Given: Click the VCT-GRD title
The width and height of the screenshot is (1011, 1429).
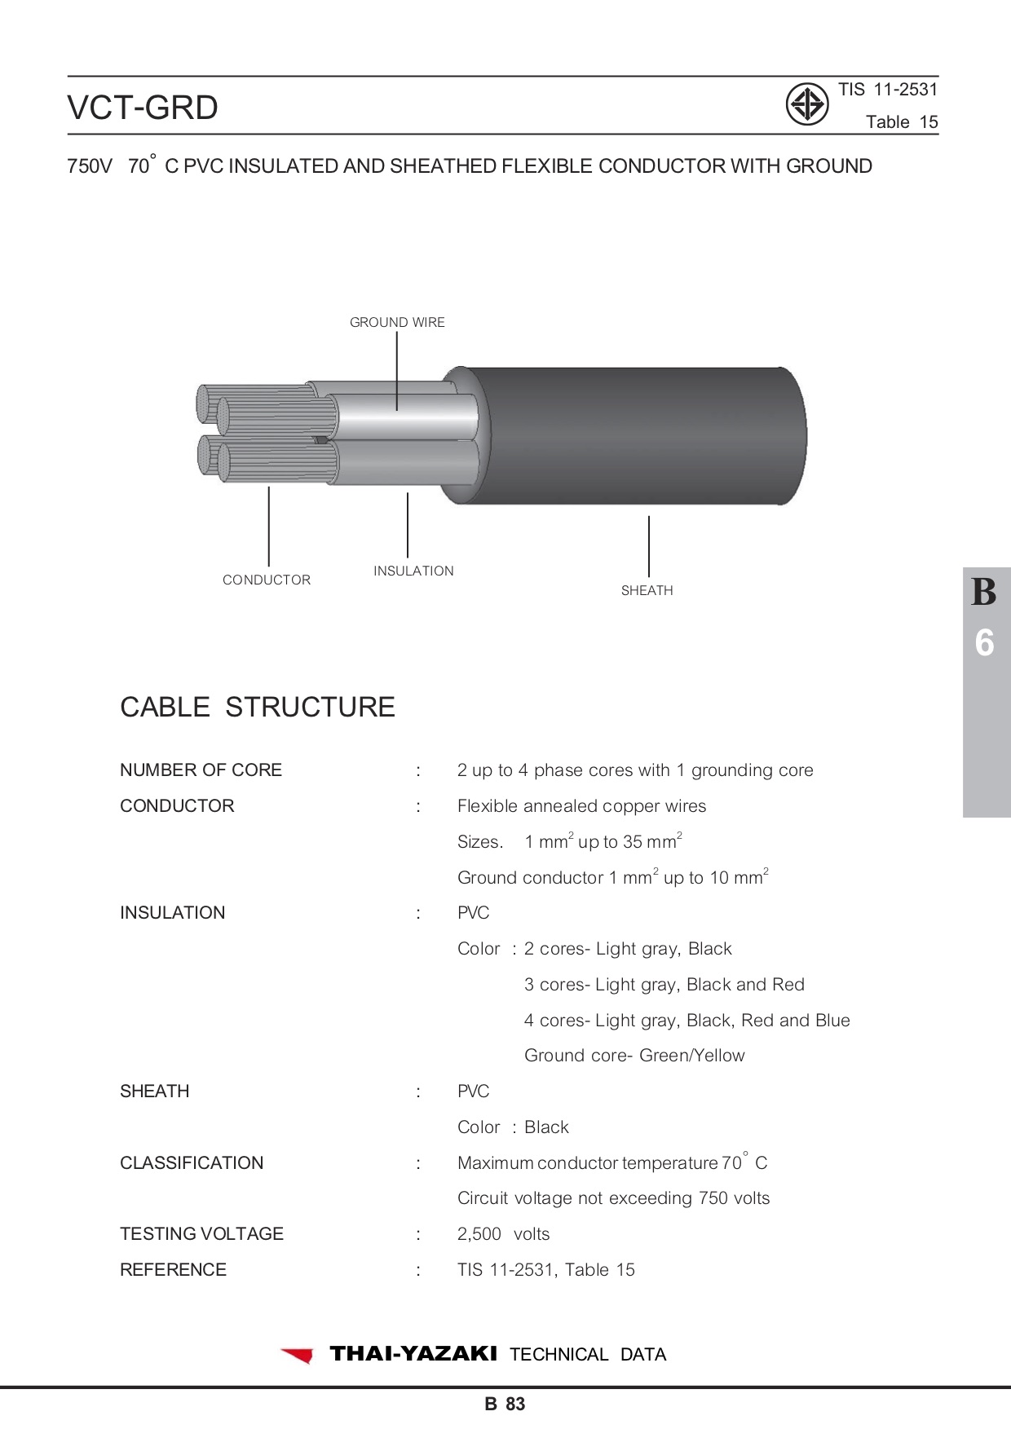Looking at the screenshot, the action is [x=143, y=107].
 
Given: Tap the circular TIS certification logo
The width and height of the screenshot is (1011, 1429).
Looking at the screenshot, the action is [x=807, y=104].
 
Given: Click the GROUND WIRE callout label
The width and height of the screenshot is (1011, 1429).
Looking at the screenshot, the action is [x=397, y=322].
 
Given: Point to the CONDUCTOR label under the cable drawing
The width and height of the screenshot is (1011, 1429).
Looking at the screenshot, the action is [x=267, y=580].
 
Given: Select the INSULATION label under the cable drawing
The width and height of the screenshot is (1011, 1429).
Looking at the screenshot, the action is [x=413, y=571].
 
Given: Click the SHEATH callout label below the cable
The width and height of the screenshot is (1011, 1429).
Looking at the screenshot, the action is [x=647, y=590].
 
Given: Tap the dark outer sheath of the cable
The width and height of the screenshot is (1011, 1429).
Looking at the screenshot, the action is [x=636, y=435].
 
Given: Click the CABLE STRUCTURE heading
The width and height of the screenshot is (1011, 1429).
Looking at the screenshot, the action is [x=258, y=707].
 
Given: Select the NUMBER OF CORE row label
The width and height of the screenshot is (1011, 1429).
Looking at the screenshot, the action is [x=201, y=770].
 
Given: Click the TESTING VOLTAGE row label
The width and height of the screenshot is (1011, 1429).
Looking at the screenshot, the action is [x=201, y=1233].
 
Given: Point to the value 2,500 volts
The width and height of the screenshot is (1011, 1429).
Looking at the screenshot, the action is [x=503, y=1233].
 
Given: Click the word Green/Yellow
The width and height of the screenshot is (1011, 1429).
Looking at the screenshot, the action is [x=691, y=1055].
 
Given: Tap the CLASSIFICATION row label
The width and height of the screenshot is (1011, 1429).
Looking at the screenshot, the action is [x=192, y=1162].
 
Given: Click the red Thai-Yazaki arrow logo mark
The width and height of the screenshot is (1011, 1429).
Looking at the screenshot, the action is [x=298, y=1355].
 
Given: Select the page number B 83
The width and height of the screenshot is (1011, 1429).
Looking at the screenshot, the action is [x=505, y=1404].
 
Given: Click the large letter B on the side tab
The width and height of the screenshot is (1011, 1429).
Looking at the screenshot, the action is [x=984, y=593].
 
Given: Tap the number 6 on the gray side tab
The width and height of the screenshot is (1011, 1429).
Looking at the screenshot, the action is [x=984, y=643].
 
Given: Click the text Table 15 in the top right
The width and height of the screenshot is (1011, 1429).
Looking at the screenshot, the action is [x=902, y=122].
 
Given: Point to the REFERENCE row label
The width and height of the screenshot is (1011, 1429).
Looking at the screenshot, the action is [x=173, y=1269].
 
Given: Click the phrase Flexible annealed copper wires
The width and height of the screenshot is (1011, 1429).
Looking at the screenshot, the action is [x=581, y=806].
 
